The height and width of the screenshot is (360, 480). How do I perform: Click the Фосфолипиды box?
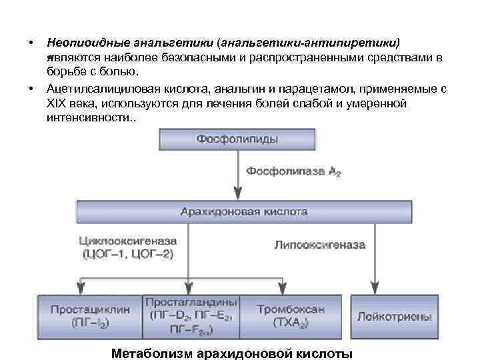(x=237, y=139)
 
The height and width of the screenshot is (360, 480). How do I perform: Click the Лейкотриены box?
(x=394, y=317)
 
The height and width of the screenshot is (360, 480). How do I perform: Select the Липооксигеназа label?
(x=320, y=245)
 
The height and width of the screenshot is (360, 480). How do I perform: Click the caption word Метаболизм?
(x=153, y=353)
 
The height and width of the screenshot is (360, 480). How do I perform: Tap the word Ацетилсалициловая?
(x=97, y=89)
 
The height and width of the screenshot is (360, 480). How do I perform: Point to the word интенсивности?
(x=87, y=117)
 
